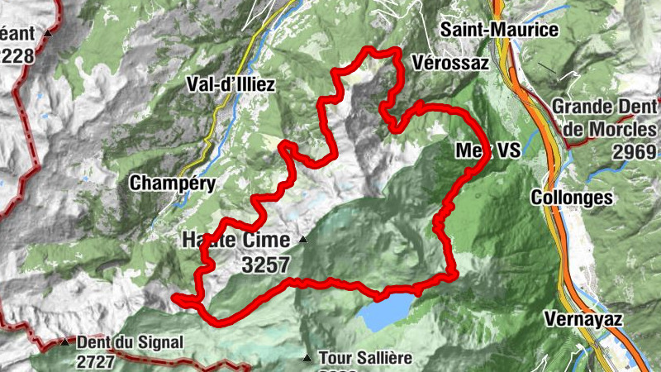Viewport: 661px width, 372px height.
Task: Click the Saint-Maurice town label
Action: tap(499, 30)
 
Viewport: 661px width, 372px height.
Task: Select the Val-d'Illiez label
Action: tap(231, 85)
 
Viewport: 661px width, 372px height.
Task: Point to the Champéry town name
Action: tap(173, 184)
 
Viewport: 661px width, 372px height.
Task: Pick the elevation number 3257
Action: tap(267, 265)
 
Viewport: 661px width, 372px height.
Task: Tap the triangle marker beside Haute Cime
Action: tap(303, 241)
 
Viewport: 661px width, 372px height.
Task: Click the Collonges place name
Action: tap(583, 198)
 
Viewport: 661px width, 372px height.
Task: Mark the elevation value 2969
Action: tap(635, 151)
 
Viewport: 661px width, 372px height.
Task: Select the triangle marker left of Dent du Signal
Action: tap(64, 342)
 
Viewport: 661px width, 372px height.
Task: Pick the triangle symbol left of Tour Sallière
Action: tap(307, 359)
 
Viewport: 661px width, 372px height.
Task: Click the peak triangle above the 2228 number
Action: tap(48, 34)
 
